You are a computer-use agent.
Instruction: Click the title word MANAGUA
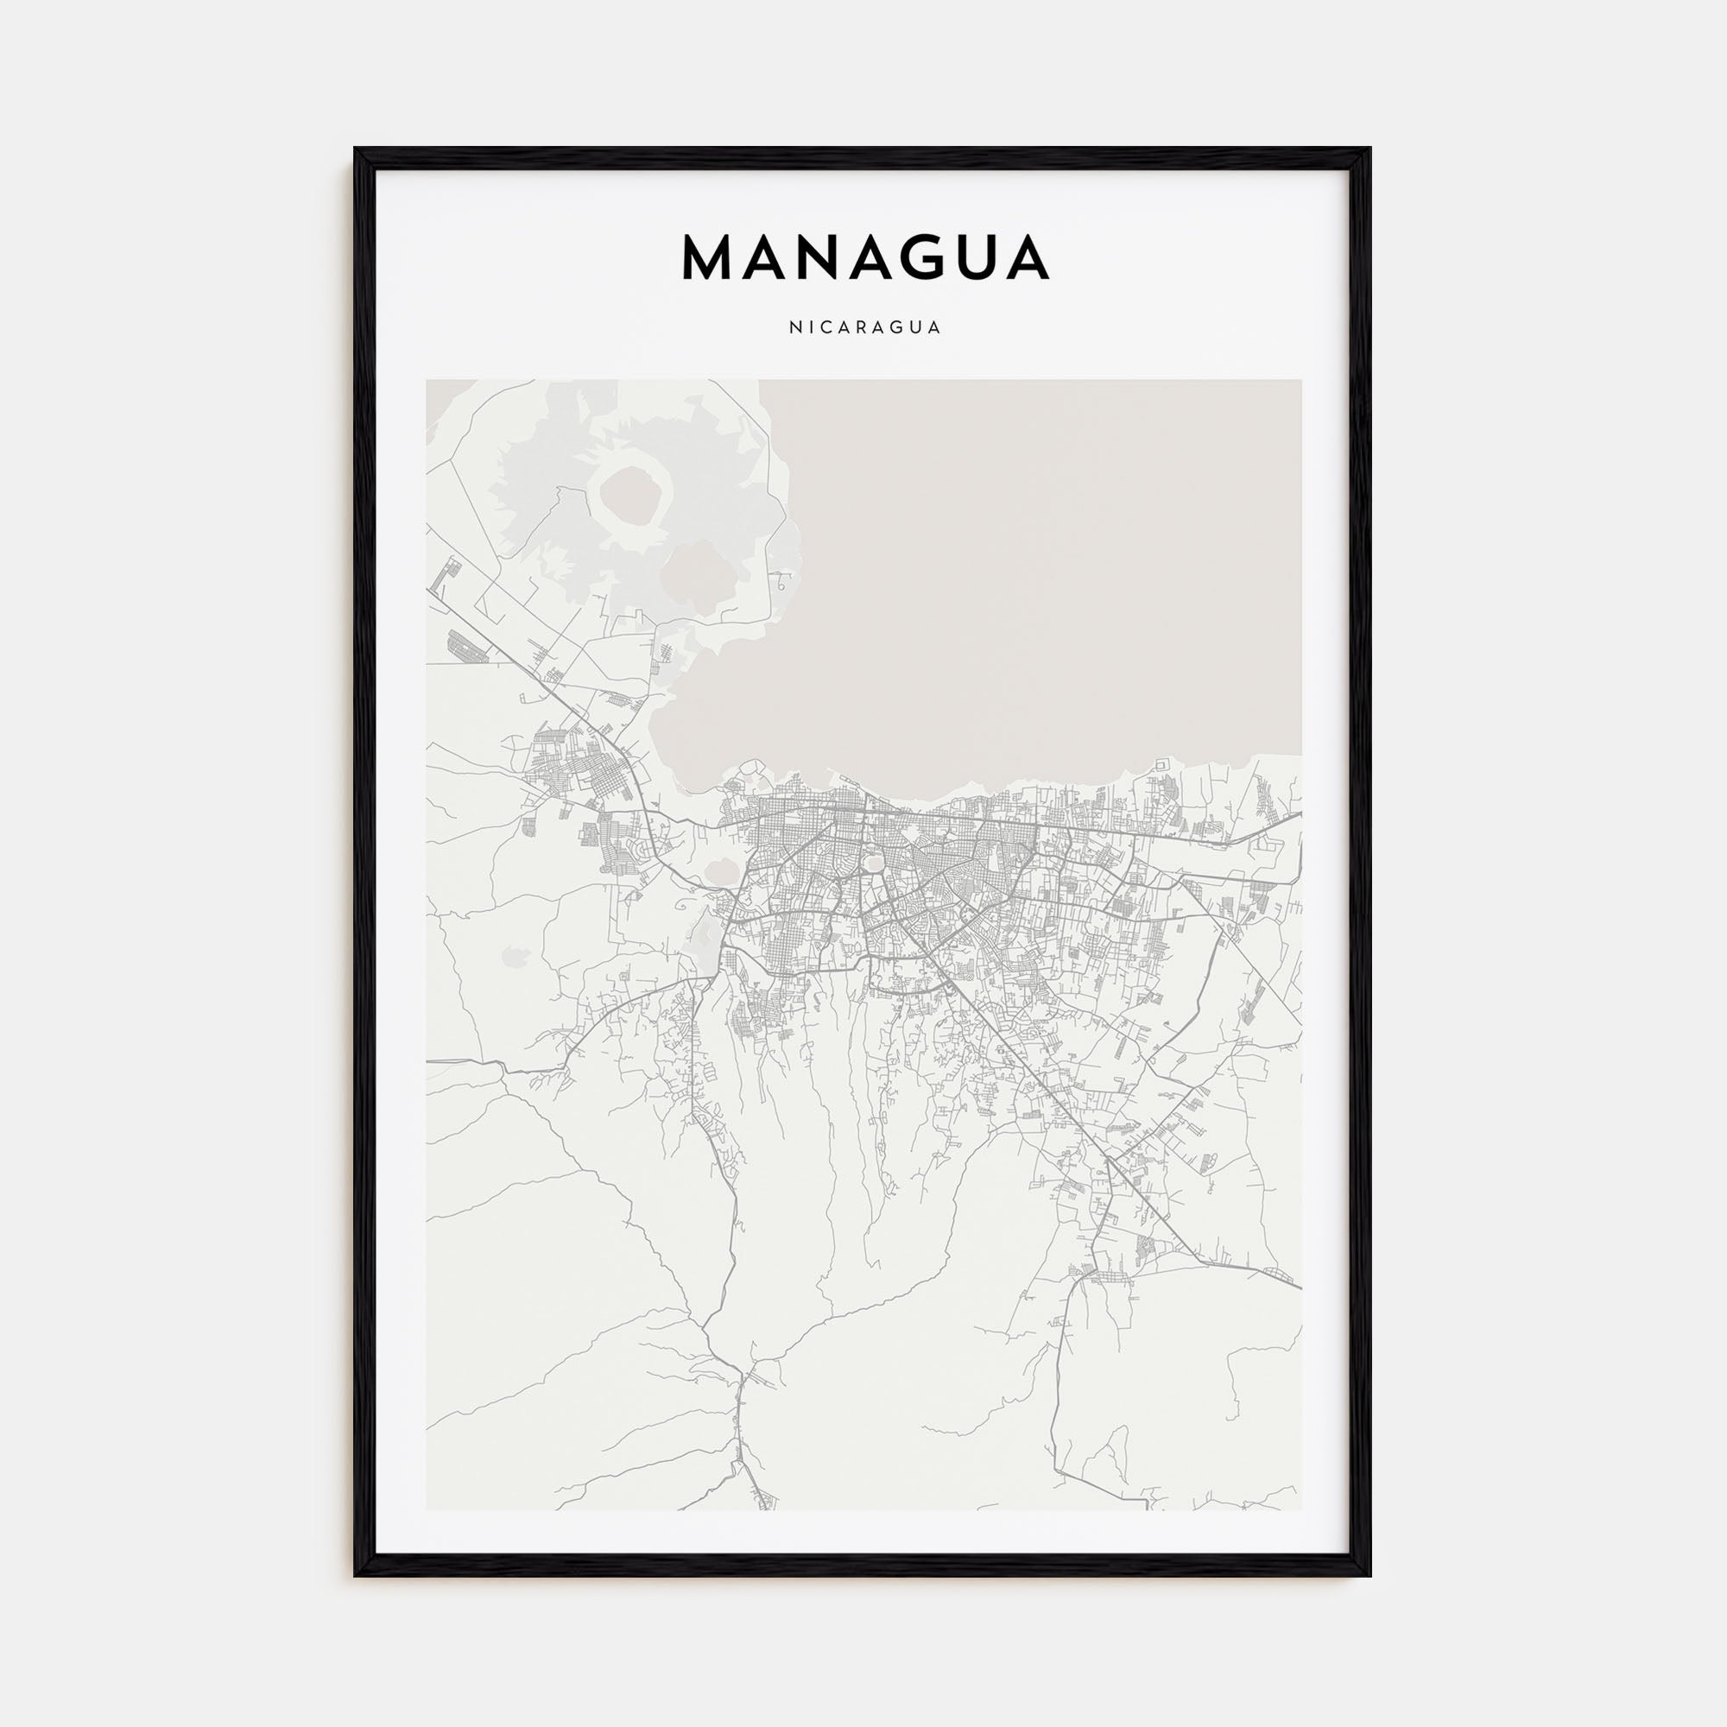point(864,257)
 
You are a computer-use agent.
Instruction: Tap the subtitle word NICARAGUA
point(864,327)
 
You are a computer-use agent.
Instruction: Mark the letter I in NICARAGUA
point(810,327)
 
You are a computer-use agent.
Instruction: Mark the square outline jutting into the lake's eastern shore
point(1161,765)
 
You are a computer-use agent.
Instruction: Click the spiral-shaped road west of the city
point(683,906)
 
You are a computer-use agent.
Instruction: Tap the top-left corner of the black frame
point(356,149)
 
